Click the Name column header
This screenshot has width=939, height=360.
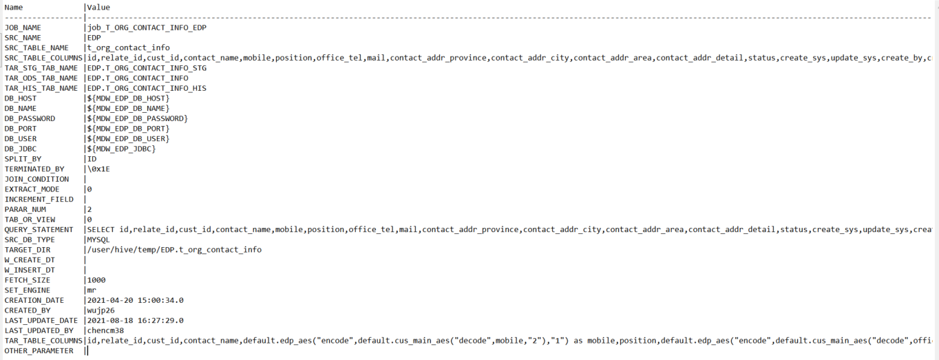(14, 8)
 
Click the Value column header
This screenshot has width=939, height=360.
(98, 8)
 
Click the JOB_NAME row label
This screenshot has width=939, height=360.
(23, 28)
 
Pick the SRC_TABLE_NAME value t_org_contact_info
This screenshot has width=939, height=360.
(128, 48)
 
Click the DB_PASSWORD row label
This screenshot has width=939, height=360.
(30, 118)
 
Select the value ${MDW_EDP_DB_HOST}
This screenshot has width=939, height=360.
(128, 98)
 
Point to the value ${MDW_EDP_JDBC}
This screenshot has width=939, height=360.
(121, 149)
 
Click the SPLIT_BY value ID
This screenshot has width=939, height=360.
(92, 159)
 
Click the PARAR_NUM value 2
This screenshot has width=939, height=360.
(89, 209)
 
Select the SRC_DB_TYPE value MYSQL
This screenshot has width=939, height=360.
(98, 240)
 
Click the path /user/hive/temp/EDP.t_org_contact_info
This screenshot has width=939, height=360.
(174, 250)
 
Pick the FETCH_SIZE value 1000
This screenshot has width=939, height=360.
(96, 280)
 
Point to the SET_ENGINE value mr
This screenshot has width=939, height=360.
(92, 290)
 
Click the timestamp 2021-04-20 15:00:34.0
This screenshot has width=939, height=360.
(135, 300)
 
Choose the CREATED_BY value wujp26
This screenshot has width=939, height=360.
(101, 310)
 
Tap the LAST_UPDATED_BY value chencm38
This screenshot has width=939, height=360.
(105, 330)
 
